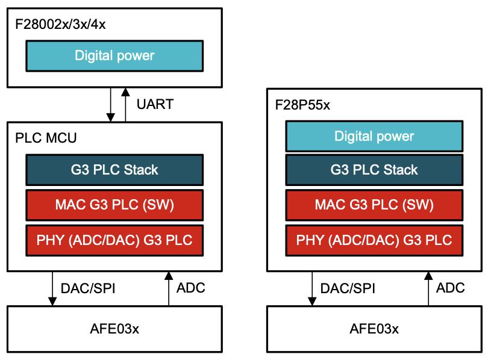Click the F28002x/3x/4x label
pyautogui.click(x=60, y=24)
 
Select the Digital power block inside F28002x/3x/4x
pyautogui.click(x=114, y=56)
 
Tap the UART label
pyautogui.click(x=155, y=104)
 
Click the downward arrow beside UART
pyautogui.click(x=110, y=105)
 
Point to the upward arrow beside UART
pyautogui.click(x=125, y=105)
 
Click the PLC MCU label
pyautogui.click(x=46, y=138)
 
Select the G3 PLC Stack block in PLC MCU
pyautogui.click(x=114, y=170)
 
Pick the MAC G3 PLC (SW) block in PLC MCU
pyautogui.click(x=114, y=205)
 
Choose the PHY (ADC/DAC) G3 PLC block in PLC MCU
pyautogui.click(x=114, y=240)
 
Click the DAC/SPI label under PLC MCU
pyautogui.click(x=88, y=288)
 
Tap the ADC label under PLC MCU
pyautogui.click(x=191, y=288)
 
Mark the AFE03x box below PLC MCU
pyautogui.click(x=114, y=329)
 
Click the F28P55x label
pyautogui.click(x=302, y=105)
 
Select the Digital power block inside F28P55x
pyautogui.click(x=374, y=136)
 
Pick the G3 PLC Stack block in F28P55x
pyautogui.click(x=374, y=170)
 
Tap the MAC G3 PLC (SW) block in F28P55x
pyautogui.click(x=374, y=205)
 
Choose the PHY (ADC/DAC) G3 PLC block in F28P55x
pyautogui.click(x=374, y=240)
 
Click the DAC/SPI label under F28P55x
pyautogui.click(x=348, y=288)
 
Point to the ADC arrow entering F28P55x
pyautogui.click(x=428, y=288)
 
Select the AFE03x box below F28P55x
pyautogui.click(x=374, y=329)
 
